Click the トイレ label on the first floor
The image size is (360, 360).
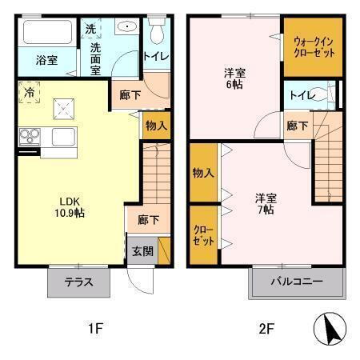coord(156,56)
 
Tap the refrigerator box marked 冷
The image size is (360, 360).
coord(28,93)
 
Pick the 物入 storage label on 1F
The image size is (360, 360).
coord(156,125)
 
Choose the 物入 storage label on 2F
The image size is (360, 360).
coord(203,172)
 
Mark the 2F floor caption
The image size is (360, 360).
coord(266,328)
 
